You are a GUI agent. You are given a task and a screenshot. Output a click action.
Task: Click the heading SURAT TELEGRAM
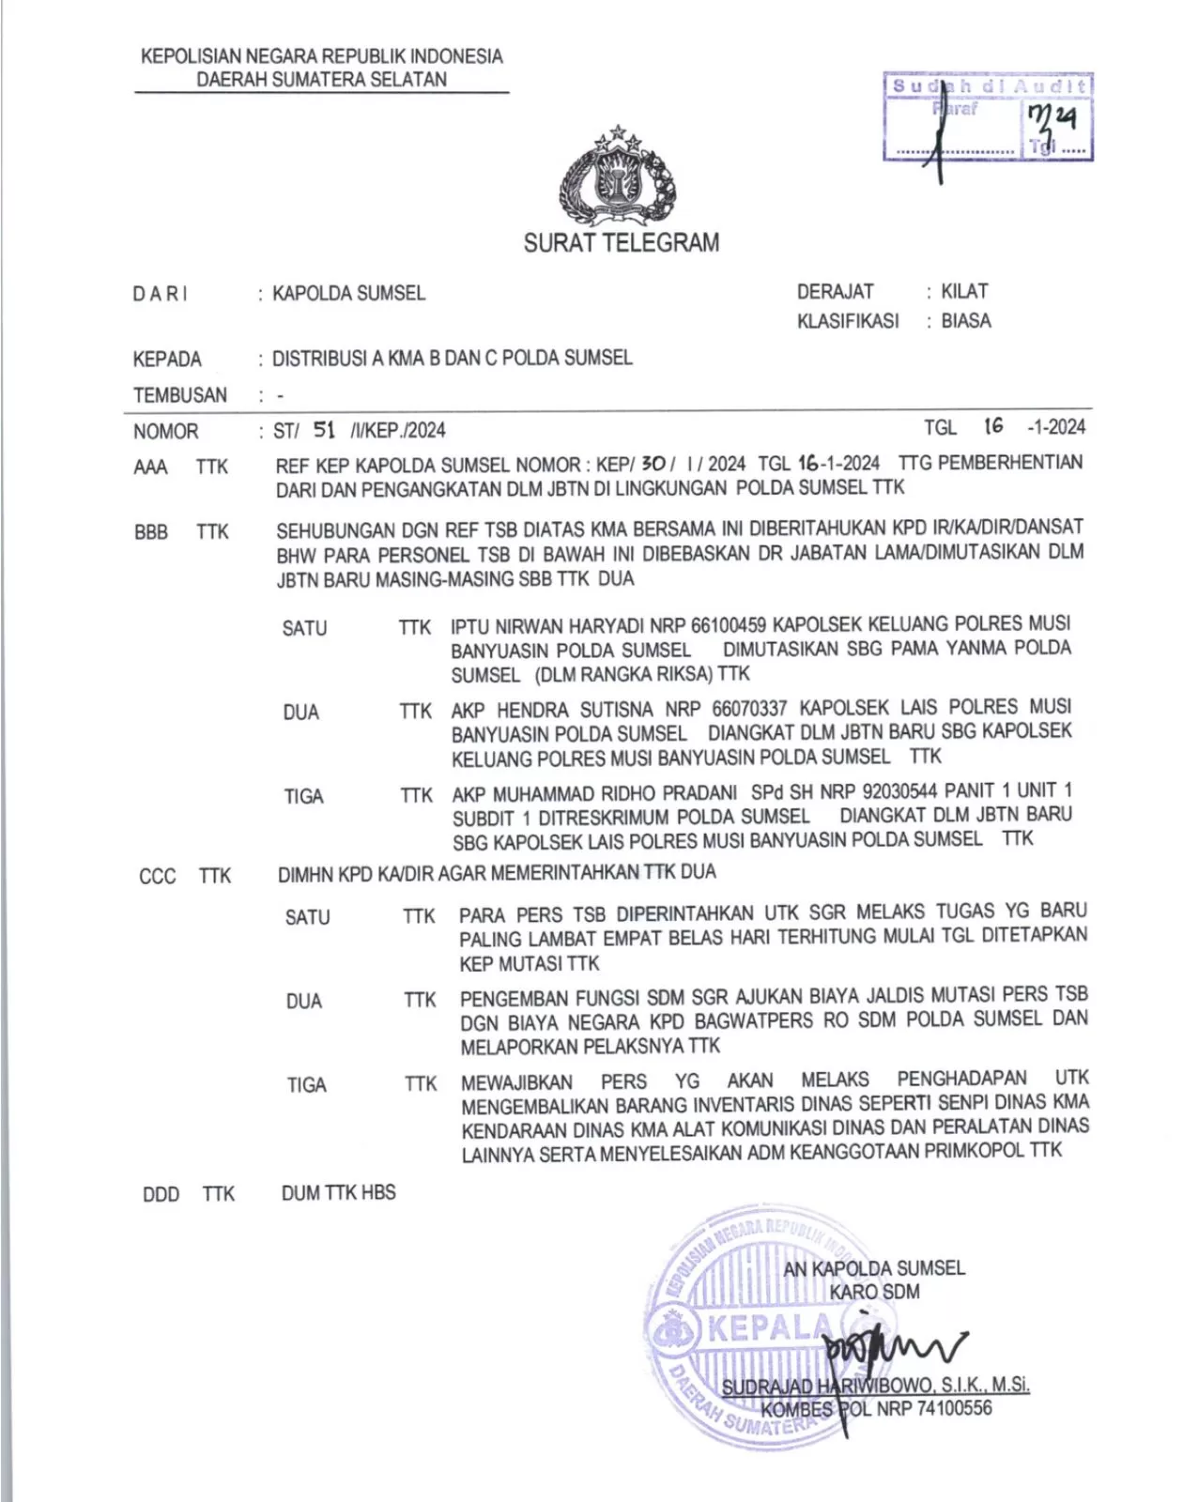coord(622,243)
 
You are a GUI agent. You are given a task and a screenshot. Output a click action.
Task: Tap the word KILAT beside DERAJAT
coord(964,291)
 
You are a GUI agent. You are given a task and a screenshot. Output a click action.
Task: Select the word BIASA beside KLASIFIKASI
coord(966,321)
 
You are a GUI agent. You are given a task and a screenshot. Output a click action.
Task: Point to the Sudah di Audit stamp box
coord(989,117)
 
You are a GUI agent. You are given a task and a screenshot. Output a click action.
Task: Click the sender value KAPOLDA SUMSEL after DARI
coord(348,294)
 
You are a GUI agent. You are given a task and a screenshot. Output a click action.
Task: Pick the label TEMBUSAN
coord(180,395)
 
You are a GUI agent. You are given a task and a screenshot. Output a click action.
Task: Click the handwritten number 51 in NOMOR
coord(324,430)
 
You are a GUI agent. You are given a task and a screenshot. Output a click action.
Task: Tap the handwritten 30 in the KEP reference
coord(653,463)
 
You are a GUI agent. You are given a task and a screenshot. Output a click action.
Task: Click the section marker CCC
coord(158,877)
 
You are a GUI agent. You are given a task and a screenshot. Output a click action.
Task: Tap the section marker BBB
coord(151,532)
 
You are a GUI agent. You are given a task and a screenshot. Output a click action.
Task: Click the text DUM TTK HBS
coord(339,1193)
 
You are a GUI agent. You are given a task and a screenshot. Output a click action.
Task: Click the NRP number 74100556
coord(954,1408)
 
